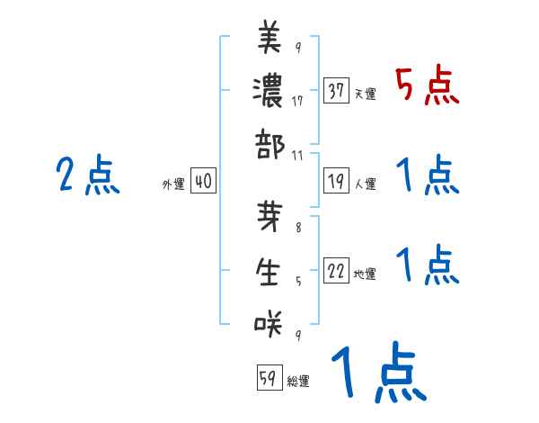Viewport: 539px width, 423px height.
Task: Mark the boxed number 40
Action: click(202, 182)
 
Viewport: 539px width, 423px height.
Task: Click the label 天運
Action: click(365, 94)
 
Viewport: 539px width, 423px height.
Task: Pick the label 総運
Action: click(298, 382)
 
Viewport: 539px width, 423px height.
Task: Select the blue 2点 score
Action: click(88, 175)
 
